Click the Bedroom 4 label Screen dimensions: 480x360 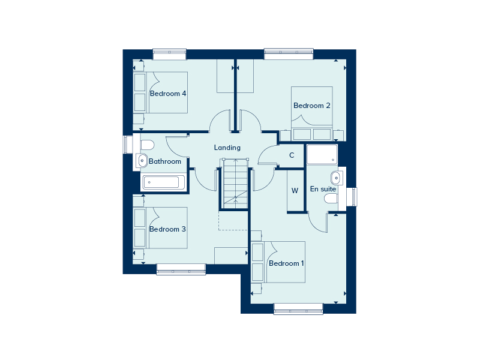click(168, 94)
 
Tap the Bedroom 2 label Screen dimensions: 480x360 click(311, 106)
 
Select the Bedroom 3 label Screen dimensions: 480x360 click(167, 229)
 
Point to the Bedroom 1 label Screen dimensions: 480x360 click(286, 263)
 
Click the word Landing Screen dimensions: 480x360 click(227, 148)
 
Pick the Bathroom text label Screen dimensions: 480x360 click(164, 161)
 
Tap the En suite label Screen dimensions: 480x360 click(323, 189)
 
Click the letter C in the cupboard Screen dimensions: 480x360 click(292, 155)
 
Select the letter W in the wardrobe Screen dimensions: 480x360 click(295, 191)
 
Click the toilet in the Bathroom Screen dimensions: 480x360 click(147, 145)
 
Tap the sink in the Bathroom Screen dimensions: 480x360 click(142, 161)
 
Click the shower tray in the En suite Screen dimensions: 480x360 click(322, 154)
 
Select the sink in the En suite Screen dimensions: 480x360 click(336, 178)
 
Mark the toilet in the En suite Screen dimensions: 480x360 click(331, 199)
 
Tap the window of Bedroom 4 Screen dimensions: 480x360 click(169, 54)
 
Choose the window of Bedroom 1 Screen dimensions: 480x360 click(298, 308)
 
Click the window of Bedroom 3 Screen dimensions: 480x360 click(181, 269)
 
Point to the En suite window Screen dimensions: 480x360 click(352, 197)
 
